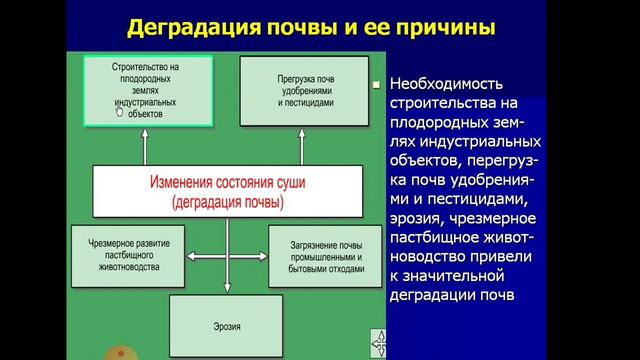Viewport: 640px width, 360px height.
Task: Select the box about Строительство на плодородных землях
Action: click(145, 90)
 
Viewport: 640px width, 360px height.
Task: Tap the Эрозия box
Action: click(226, 325)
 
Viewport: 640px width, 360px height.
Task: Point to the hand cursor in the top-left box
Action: click(119, 113)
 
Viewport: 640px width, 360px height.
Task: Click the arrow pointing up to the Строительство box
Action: click(145, 146)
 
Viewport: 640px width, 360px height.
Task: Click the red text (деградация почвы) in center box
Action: click(226, 203)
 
